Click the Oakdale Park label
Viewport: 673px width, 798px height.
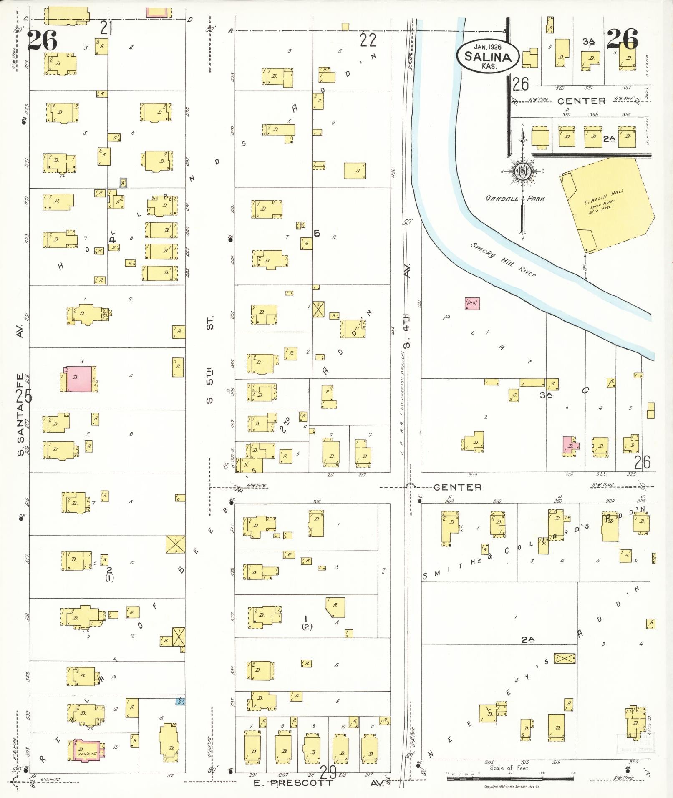[515, 199]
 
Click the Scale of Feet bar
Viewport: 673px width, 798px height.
[509, 778]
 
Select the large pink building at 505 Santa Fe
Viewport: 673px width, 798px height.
[78, 379]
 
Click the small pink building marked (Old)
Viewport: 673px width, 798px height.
[472, 303]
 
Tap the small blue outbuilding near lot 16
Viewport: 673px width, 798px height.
[180, 701]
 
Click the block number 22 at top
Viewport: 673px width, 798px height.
[368, 40]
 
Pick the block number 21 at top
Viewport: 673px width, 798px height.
[107, 29]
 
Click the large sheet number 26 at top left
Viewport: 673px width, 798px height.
[43, 40]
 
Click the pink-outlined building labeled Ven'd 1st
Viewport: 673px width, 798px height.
[87, 750]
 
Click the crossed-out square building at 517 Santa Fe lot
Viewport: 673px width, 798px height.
[175, 544]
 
